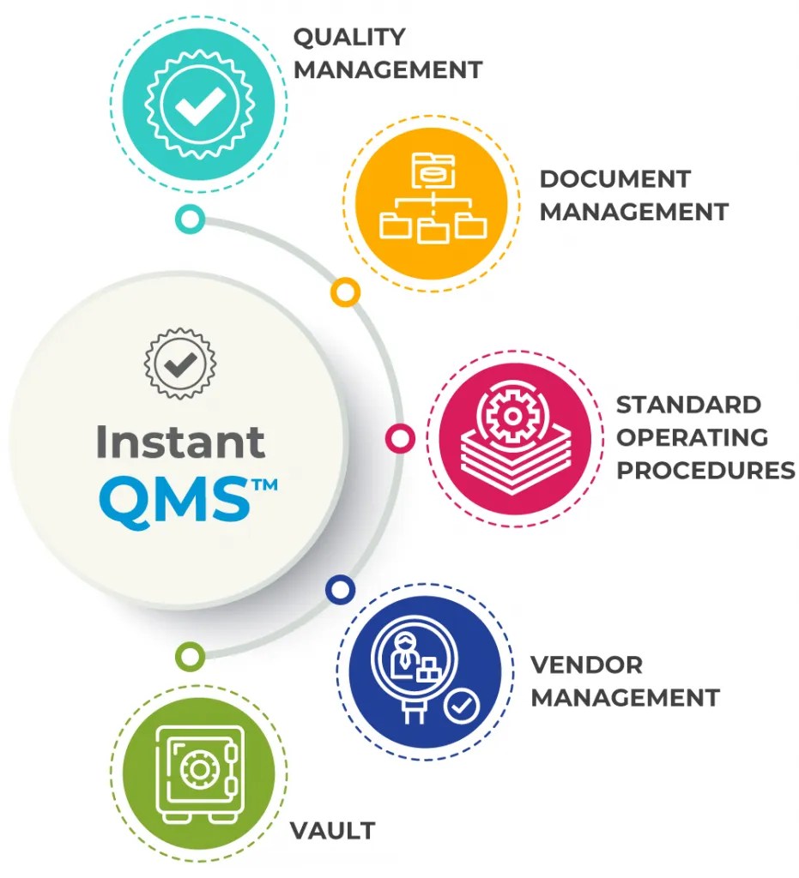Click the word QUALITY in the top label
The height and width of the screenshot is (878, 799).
coord(349,38)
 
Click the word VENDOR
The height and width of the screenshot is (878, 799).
coord(586,665)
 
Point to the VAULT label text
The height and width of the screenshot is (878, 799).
coord(332,831)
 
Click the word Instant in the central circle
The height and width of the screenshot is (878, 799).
coord(180,441)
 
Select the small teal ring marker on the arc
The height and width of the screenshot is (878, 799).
coord(190,219)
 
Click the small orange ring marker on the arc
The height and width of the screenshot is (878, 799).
coord(345,292)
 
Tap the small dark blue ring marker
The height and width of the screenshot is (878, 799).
coord(340,589)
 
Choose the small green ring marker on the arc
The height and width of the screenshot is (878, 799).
coord(190,658)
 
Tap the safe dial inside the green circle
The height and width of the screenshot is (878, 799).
coord(199,769)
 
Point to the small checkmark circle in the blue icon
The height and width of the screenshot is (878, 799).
coord(463,707)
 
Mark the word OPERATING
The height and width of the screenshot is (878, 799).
coord(693,437)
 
